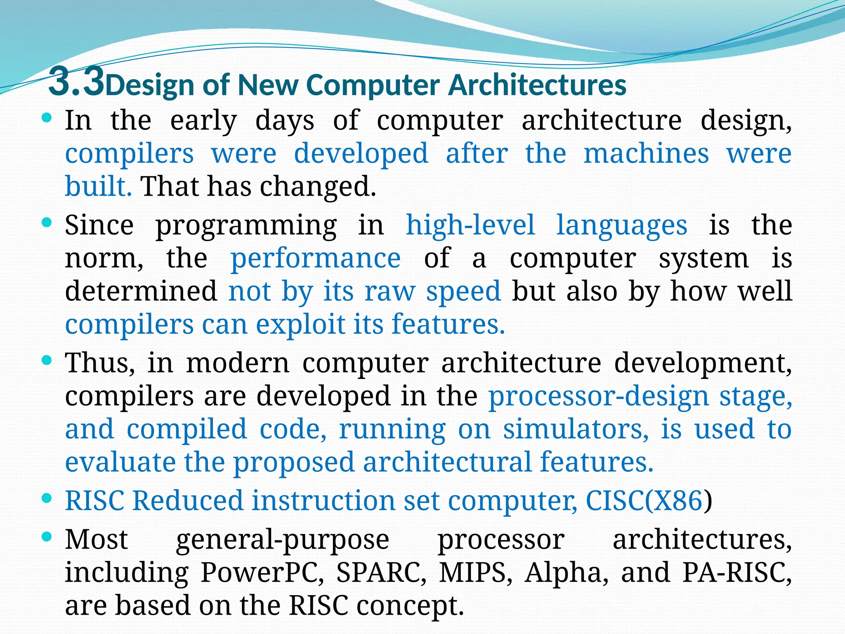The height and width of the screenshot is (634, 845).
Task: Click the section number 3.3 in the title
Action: pos(76,81)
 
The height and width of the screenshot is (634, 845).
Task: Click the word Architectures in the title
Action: pos(538,85)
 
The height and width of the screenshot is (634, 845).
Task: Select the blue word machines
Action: pos(646,154)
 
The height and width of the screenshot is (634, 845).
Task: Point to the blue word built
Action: pos(98,186)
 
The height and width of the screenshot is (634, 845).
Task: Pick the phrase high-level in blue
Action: pos(470,225)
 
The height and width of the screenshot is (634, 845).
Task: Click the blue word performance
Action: pos(315,258)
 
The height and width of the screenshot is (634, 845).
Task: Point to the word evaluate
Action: pos(120,462)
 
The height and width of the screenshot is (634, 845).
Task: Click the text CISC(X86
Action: pos(644,501)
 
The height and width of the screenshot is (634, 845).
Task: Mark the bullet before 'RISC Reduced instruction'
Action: pos(47,498)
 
